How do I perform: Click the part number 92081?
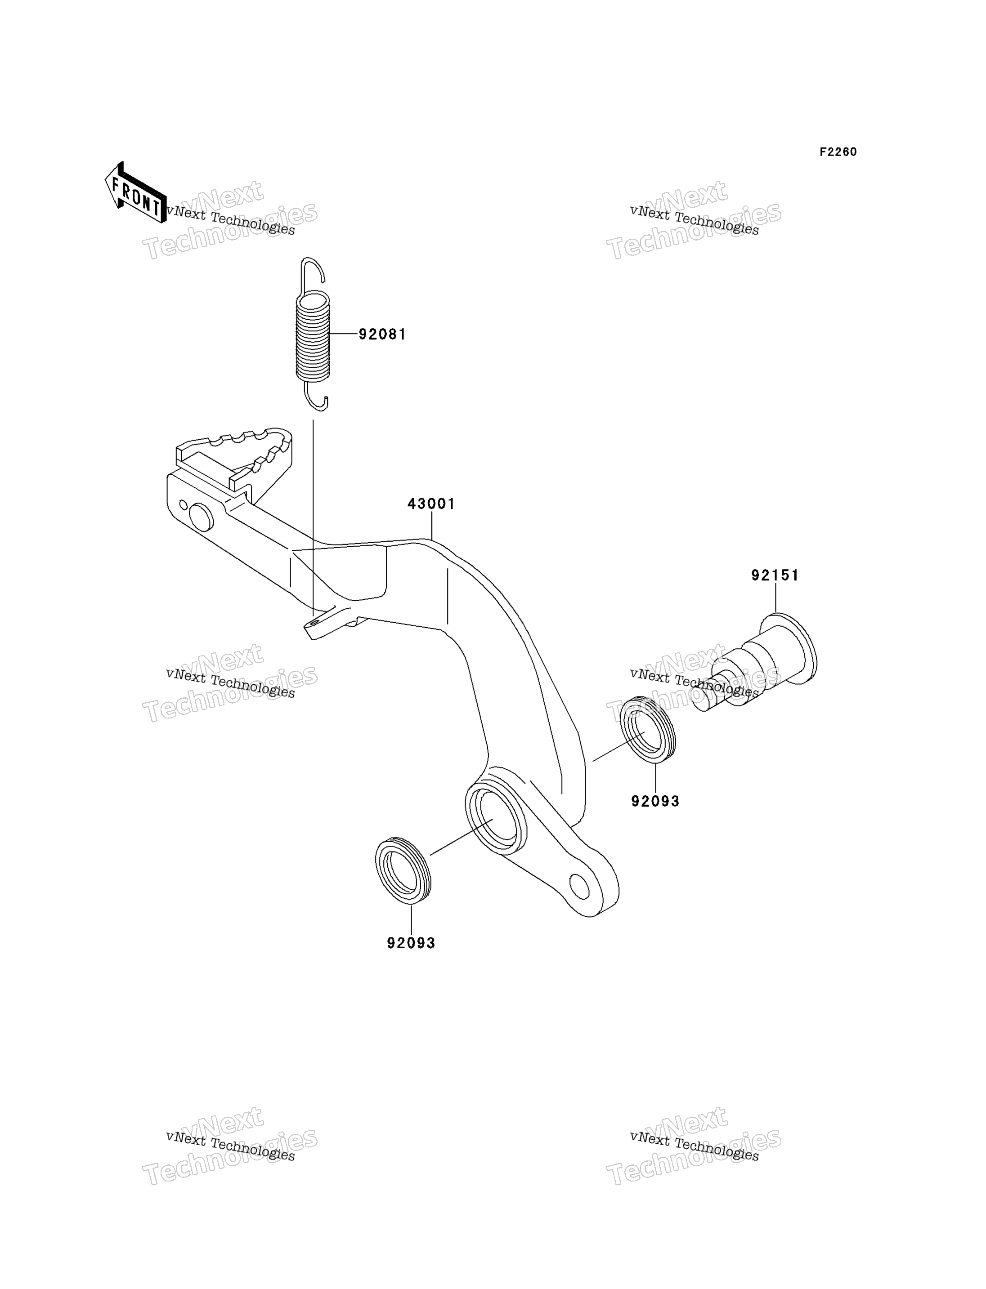pyautogui.click(x=382, y=335)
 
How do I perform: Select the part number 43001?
pyautogui.click(x=431, y=504)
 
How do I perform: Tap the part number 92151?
pyautogui.click(x=775, y=575)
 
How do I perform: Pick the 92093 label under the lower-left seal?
pyautogui.click(x=411, y=943)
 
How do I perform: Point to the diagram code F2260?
pyautogui.click(x=838, y=152)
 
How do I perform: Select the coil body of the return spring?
pyautogui.click(x=313, y=337)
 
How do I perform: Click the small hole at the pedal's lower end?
pyautogui.click(x=579, y=887)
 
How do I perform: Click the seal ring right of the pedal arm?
pyautogui.click(x=648, y=729)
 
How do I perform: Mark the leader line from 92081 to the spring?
pyautogui.click(x=345, y=334)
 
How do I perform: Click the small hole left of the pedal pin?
pyautogui.click(x=183, y=504)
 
